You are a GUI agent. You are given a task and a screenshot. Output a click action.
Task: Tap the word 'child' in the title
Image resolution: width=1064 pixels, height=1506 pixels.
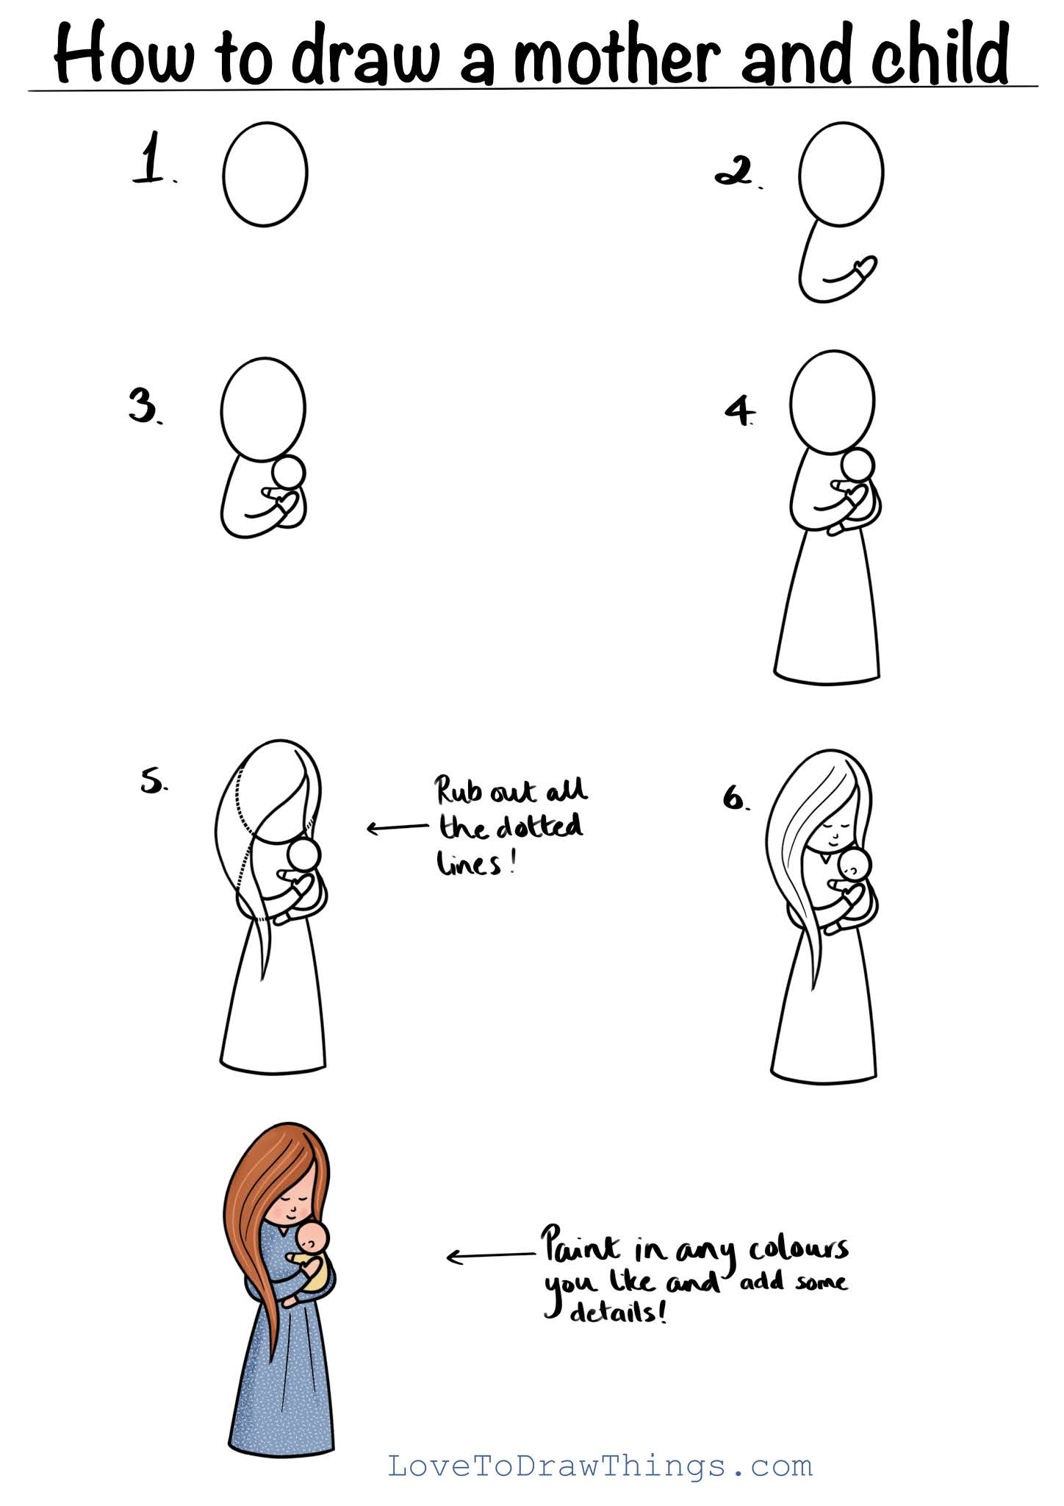pos(940,52)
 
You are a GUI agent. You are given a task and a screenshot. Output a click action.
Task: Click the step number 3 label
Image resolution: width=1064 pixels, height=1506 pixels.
pos(145,406)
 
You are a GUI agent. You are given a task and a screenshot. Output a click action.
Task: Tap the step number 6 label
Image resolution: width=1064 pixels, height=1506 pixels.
pos(736,798)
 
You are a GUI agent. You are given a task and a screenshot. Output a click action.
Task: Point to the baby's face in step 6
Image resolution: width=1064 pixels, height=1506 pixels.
pos(854,866)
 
